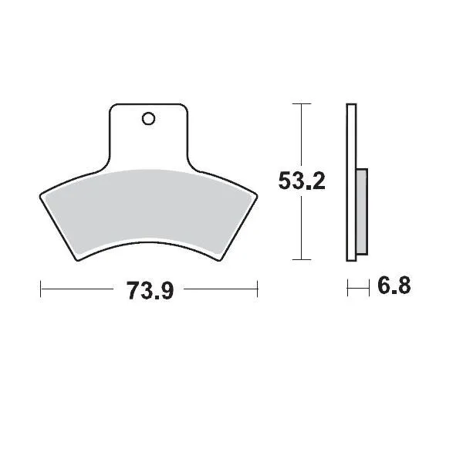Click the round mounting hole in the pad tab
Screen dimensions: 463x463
tap(148, 119)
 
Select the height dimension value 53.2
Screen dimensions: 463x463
tap(302, 181)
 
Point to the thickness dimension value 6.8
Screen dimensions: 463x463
tap(394, 287)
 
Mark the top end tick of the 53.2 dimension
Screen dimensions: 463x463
tap(302, 103)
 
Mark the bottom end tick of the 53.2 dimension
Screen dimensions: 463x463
tap(302, 260)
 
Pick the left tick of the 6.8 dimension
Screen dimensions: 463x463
tap(348, 288)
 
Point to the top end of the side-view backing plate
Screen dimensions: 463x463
tap(351, 104)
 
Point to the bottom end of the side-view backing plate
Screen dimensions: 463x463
tap(351, 259)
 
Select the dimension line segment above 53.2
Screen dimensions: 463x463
tap(302, 135)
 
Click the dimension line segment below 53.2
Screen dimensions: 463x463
tap(302, 228)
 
